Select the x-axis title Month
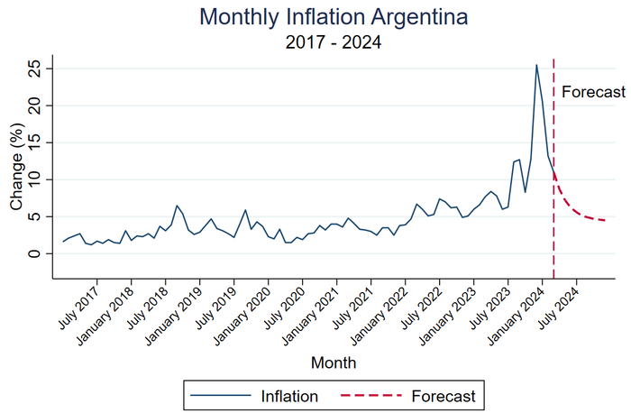click(x=333, y=363)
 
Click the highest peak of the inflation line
click(x=536, y=65)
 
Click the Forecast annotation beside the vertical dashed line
click(x=592, y=91)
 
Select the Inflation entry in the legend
click(x=288, y=395)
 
